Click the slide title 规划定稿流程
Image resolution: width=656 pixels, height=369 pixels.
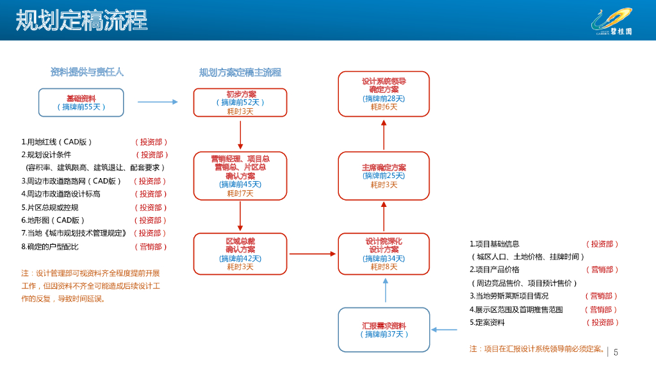coord(81,20)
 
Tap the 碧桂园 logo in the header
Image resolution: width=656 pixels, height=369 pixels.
coord(612,22)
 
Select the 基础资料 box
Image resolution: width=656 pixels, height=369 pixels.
coord(81,102)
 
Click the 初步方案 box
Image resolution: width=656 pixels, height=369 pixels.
coord(240,102)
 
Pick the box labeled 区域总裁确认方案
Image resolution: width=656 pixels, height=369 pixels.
coord(240,254)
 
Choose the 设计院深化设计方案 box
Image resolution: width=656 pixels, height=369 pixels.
coord(384,254)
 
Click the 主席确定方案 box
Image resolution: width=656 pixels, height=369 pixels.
coord(384,176)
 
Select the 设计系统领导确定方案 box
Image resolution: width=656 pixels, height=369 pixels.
coord(384,94)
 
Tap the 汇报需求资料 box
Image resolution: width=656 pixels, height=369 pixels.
coord(384,330)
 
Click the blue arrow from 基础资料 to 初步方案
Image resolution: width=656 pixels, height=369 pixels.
coord(158,102)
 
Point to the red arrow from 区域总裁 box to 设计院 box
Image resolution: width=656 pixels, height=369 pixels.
coord(313,254)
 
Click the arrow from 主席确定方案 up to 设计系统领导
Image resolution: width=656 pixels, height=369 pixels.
coord(384,135)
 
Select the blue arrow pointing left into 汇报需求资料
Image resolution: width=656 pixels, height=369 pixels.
coord(444,330)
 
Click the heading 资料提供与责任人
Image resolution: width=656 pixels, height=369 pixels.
coord(87,72)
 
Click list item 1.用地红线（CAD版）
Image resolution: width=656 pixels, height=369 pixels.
coord(56,142)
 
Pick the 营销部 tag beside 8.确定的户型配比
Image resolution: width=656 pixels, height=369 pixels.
coord(151,247)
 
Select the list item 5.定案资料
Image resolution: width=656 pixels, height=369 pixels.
coord(487,323)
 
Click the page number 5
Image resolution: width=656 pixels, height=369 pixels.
coord(616,353)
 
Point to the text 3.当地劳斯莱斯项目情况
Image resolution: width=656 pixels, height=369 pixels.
coord(509,296)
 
